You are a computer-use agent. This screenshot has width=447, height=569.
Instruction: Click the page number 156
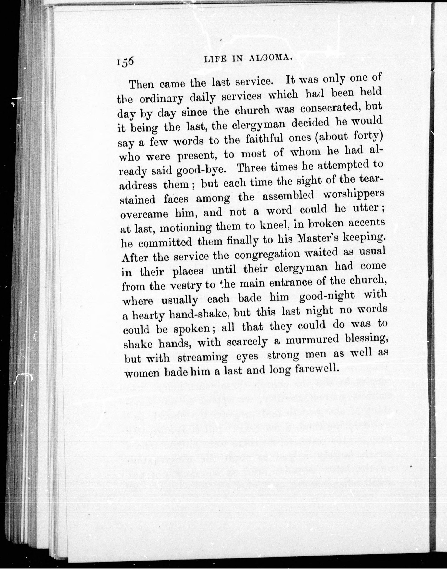(x=125, y=63)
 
